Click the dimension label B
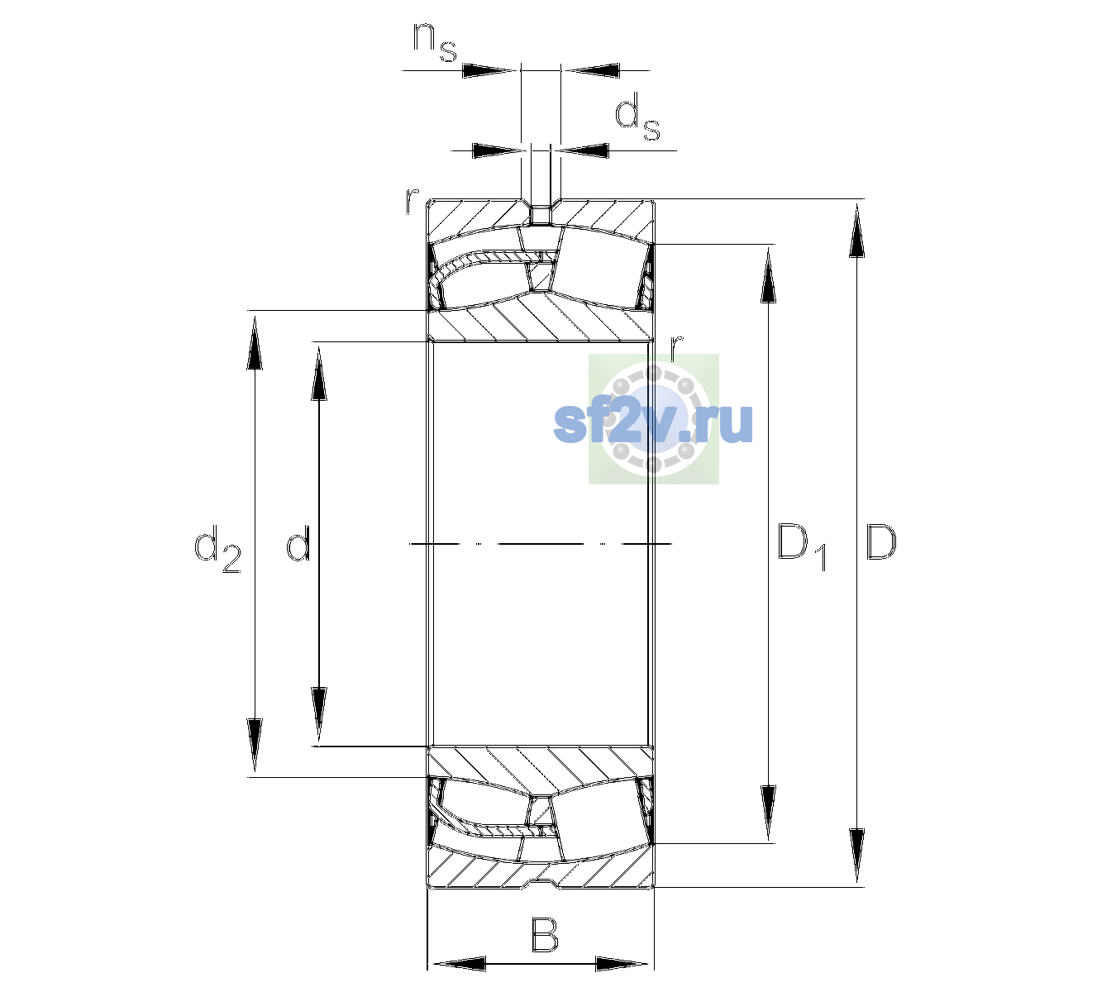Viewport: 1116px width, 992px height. click(544, 935)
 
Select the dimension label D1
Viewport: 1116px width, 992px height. click(802, 547)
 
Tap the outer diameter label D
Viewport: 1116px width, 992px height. click(881, 542)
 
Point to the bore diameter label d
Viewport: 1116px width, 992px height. click(298, 542)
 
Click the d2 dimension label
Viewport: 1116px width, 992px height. click(217, 548)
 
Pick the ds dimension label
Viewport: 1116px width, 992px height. click(637, 117)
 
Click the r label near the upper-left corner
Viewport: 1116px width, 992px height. click(412, 201)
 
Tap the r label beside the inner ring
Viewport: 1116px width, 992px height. click(676, 348)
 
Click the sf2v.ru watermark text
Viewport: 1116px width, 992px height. click(653, 422)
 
